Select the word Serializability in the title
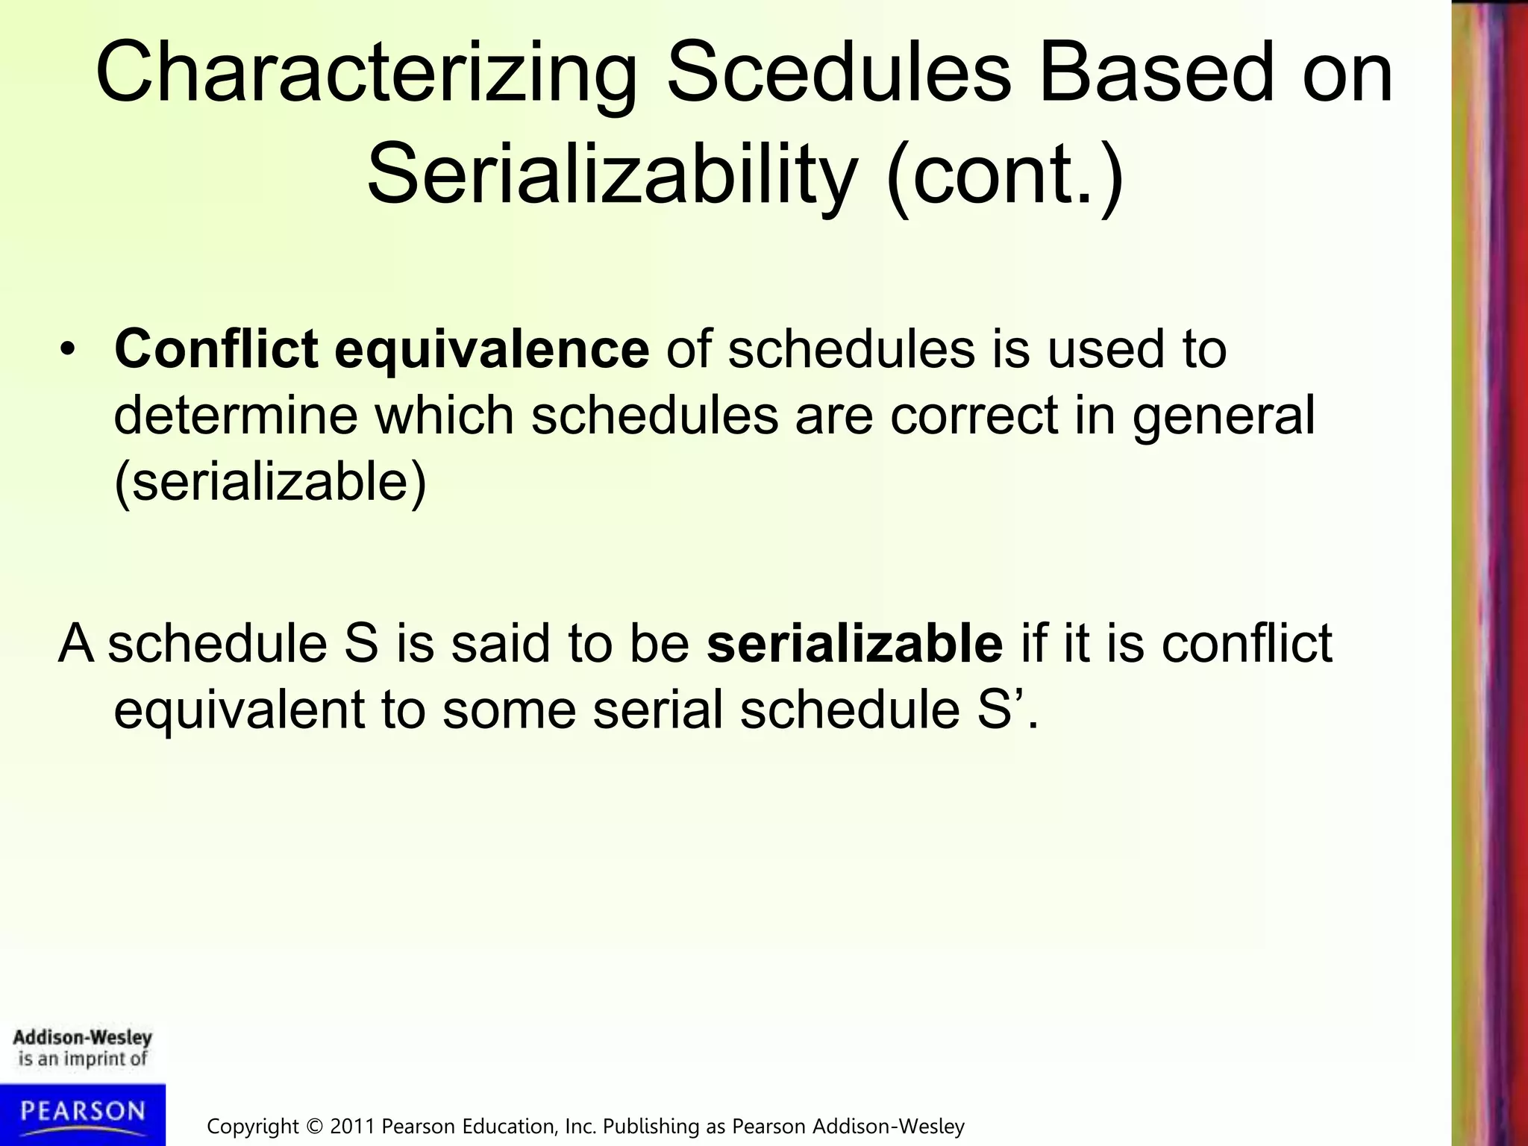click(612, 176)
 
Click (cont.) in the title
click(1004, 176)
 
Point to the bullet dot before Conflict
click(69, 351)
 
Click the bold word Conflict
click(216, 348)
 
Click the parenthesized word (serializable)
click(270, 482)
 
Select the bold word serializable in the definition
click(854, 643)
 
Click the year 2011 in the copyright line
click(353, 1126)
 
